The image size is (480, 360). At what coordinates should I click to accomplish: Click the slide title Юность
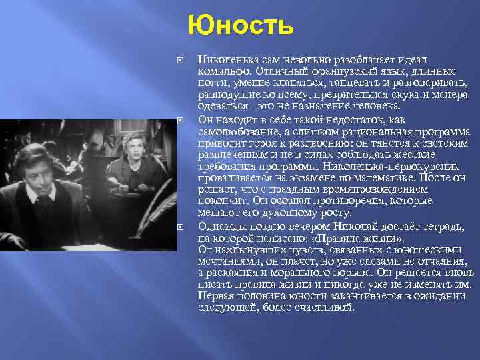[x=241, y=26]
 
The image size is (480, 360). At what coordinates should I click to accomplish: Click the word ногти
[x=212, y=83]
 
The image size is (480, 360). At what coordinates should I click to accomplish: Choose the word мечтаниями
[x=227, y=261]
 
